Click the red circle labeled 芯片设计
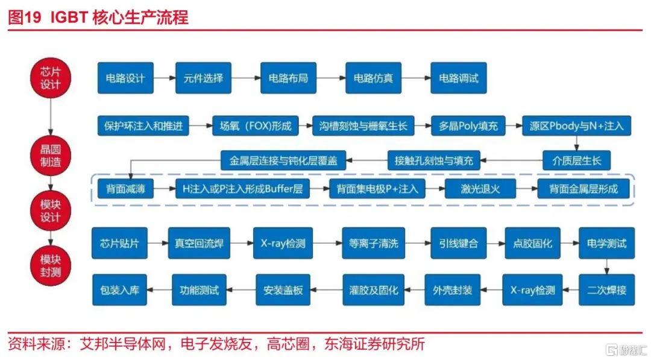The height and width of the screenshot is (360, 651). (50, 78)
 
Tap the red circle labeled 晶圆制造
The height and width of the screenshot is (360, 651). (50, 156)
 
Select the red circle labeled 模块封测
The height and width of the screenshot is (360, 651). (50, 266)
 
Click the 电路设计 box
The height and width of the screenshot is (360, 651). (125, 78)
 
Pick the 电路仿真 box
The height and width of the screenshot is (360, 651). (373, 78)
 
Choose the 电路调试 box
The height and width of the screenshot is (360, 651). (458, 78)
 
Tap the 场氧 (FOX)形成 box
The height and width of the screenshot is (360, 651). (256, 126)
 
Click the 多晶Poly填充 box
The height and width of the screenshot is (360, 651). (468, 126)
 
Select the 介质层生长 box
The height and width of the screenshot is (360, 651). (576, 160)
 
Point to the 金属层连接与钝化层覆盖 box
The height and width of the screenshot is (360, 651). (283, 160)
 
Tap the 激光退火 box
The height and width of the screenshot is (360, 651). (480, 189)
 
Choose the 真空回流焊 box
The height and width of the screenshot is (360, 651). (199, 244)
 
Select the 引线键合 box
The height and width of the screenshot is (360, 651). (458, 244)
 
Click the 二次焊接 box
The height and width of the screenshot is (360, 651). (606, 290)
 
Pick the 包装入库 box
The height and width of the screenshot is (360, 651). (119, 290)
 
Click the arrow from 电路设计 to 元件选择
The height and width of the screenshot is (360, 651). (165, 78)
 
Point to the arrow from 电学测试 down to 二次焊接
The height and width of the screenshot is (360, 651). (606, 267)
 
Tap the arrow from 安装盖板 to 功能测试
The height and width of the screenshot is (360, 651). (241, 290)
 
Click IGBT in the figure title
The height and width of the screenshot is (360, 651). (69, 17)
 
